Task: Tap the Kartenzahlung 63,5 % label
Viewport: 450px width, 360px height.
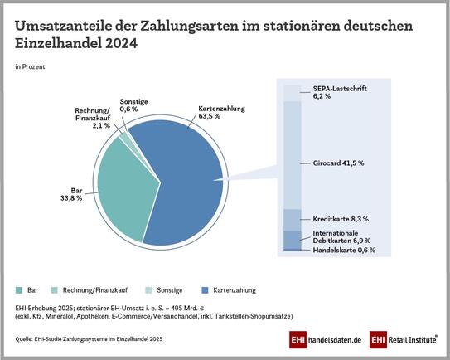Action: click(220, 112)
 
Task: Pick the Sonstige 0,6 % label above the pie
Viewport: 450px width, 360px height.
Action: click(129, 105)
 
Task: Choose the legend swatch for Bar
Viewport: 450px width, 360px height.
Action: click(19, 290)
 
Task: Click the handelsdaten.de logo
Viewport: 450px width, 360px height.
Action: click(326, 340)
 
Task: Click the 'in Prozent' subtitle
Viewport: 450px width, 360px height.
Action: click(30, 64)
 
